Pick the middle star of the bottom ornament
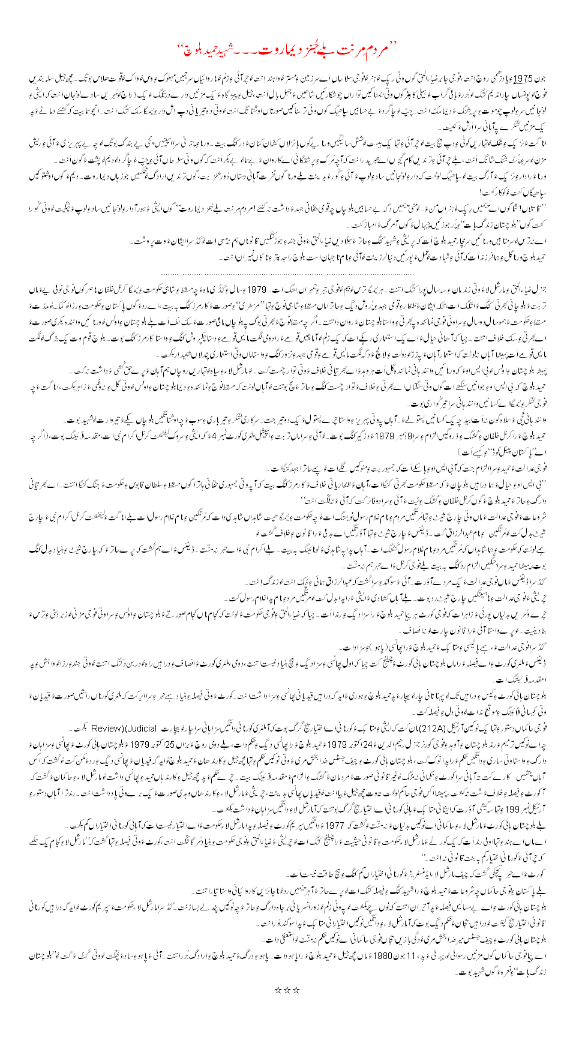tap(288, 956)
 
